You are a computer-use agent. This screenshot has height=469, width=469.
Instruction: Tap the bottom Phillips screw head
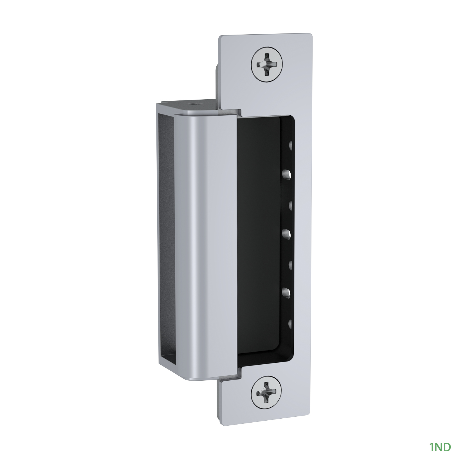tap(265, 392)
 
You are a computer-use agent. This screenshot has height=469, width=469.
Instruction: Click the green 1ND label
tap(440, 447)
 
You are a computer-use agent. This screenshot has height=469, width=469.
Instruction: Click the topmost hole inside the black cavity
tap(291, 145)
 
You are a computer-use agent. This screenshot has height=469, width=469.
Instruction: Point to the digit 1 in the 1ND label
tap(431, 447)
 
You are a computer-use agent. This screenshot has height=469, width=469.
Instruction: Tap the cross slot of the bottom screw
tap(265, 392)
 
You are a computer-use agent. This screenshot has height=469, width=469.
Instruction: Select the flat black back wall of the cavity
tap(259, 239)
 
